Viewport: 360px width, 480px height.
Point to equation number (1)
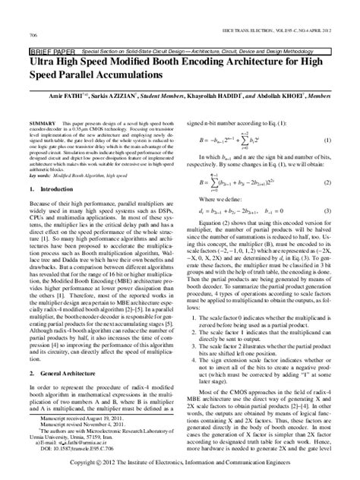click(326, 141)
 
